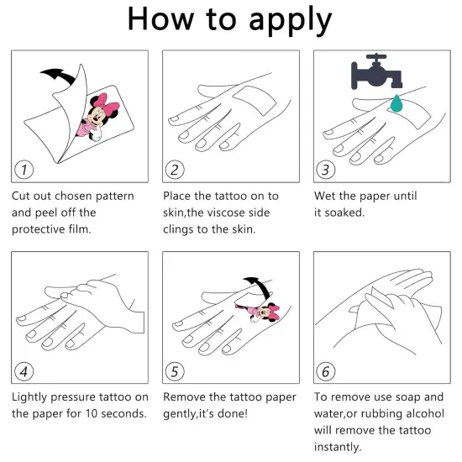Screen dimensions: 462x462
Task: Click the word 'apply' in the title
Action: [291, 21]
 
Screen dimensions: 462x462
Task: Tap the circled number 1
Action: [24, 170]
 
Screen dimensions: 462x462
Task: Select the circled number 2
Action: [175, 170]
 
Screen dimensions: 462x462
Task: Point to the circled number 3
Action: [326, 170]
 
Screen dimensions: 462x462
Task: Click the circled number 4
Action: [24, 371]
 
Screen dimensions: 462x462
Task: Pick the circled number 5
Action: [175, 371]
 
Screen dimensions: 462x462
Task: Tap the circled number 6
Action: [326, 371]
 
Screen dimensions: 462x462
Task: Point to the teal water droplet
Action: [396, 103]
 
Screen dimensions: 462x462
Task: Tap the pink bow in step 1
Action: [105, 102]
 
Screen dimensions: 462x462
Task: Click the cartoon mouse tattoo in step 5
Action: [260, 313]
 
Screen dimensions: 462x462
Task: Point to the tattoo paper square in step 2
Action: [255, 101]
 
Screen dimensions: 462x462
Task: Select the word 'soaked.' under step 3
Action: [344, 213]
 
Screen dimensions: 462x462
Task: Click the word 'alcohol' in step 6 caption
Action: [425, 413]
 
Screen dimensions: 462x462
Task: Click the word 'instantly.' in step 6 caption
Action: [338, 447]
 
